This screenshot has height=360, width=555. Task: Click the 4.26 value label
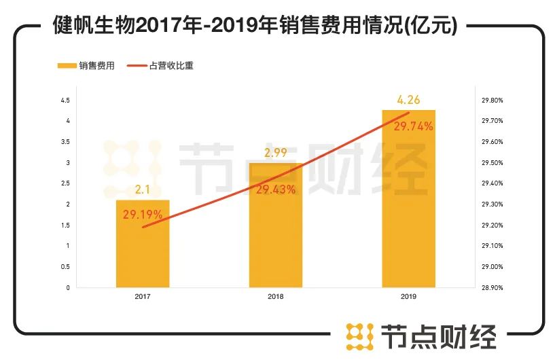[408, 101]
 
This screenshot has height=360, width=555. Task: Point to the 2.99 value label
[275, 154]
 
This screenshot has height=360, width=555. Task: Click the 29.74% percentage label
[408, 126]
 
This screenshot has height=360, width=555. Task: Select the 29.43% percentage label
[275, 190]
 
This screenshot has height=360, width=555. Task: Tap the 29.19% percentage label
[143, 215]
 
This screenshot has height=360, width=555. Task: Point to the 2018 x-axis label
[275, 296]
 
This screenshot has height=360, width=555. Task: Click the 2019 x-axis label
[408, 296]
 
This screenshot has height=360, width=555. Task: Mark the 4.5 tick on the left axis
[66, 101]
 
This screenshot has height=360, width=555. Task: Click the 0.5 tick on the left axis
[66, 266]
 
